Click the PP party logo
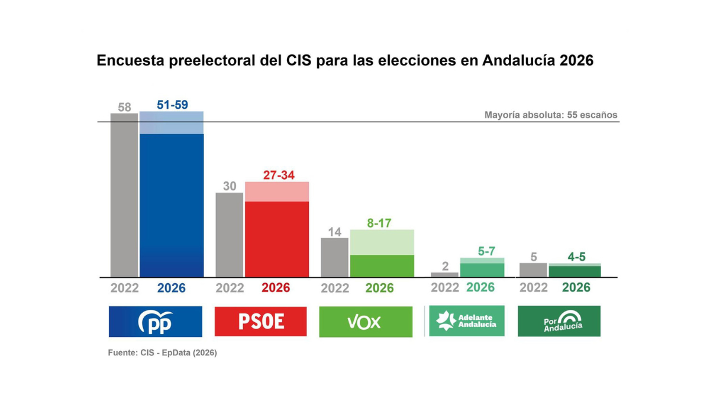[x=155, y=322]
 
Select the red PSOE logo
[x=260, y=322]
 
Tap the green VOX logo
[x=366, y=322]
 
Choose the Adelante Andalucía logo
[x=466, y=321]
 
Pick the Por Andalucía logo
[x=559, y=321]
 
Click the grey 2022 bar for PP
[x=124, y=195]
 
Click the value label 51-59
[x=172, y=105]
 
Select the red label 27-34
[x=279, y=176]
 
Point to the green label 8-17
[x=379, y=223]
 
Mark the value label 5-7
[x=486, y=251]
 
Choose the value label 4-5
[x=576, y=257]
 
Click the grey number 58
[x=124, y=107]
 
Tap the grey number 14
[x=335, y=232]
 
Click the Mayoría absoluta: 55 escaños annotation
[x=550, y=115]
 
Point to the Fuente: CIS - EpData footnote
[x=162, y=353]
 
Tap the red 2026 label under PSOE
[x=276, y=288]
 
